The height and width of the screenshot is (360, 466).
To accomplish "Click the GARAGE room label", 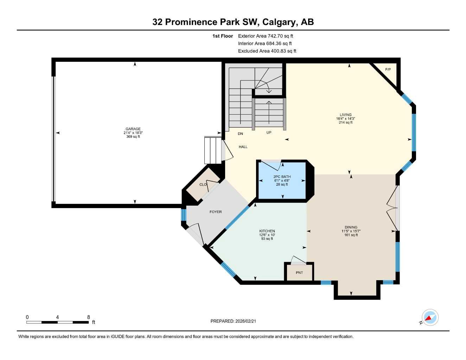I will pyautogui.click(x=133, y=129).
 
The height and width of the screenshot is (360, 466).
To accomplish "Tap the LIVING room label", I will pyautogui.click(x=345, y=115).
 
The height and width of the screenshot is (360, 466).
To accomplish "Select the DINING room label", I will pyautogui.click(x=351, y=227).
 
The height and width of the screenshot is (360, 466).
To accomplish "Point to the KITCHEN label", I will pyautogui.click(x=267, y=231).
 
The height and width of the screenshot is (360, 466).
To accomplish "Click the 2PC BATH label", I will pyautogui.click(x=282, y=176).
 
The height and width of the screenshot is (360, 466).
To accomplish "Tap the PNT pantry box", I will pyautogui.click(x=299, y=272).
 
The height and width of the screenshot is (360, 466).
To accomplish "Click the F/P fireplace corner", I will pyautogui.click(x=388, y=70).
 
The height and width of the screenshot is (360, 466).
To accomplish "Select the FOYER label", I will pyautogui.click(x=216, y=212).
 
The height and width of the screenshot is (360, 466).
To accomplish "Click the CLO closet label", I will pyautogui.click(x=203, y=185).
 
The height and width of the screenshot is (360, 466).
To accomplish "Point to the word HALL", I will pyautogui.click(x=243, y=147).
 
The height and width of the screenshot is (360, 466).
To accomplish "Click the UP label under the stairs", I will pyautogui.click(x=269, y=133).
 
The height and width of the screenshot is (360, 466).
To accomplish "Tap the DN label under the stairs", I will pyautogui.click(x=240, y=134).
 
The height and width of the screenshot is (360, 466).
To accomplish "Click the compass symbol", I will pyautogui.click(x=430, y=317).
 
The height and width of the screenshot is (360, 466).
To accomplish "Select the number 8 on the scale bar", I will pyautogui.click(x=89, y=317).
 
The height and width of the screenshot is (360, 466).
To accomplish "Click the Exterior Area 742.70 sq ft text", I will pyautogui.click(x=266, y=36).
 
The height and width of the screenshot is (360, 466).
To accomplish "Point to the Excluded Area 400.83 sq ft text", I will pyautogui.click(x=267, y=51).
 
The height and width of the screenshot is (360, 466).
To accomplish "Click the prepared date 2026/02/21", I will pyautogui.click(x=248, y=321).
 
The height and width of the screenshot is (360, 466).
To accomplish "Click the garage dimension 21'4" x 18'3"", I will pyautogui.click(x=133, y=133).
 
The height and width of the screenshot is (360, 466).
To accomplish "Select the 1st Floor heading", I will pyautogui.click(x=222, y=36).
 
